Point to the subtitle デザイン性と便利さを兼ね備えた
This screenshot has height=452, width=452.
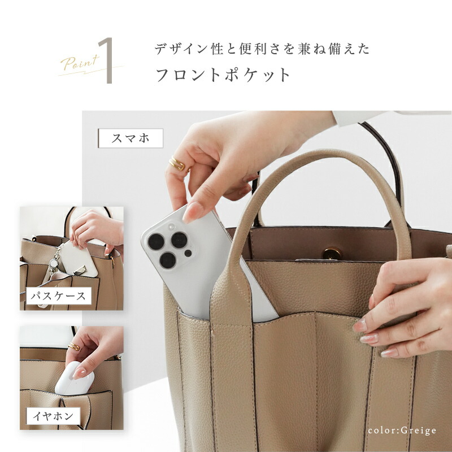pyautogui.click(x=262, y=49)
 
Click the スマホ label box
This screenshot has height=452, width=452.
pyautogui.click(x=131, y=138)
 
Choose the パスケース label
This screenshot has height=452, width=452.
pyautogui.click(x=59, y=295)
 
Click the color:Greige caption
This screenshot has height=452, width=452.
pyautogui.click(x=402, y=431)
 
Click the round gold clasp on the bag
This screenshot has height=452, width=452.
pyautogui.click(x=331, y=253)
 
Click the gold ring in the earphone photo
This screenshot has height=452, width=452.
pyautogui.click(x=74, y=346)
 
